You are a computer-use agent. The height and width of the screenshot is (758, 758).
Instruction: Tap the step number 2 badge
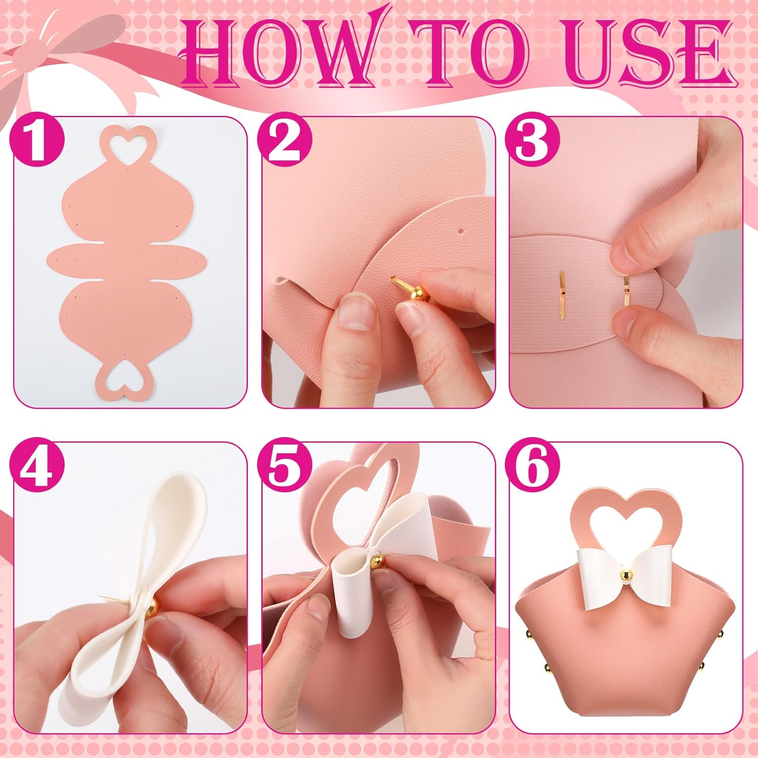coord(284,143)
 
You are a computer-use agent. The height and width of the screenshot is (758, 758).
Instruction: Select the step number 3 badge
coord(532,143)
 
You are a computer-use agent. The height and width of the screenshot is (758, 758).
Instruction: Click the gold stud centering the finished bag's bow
coord(626,575)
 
